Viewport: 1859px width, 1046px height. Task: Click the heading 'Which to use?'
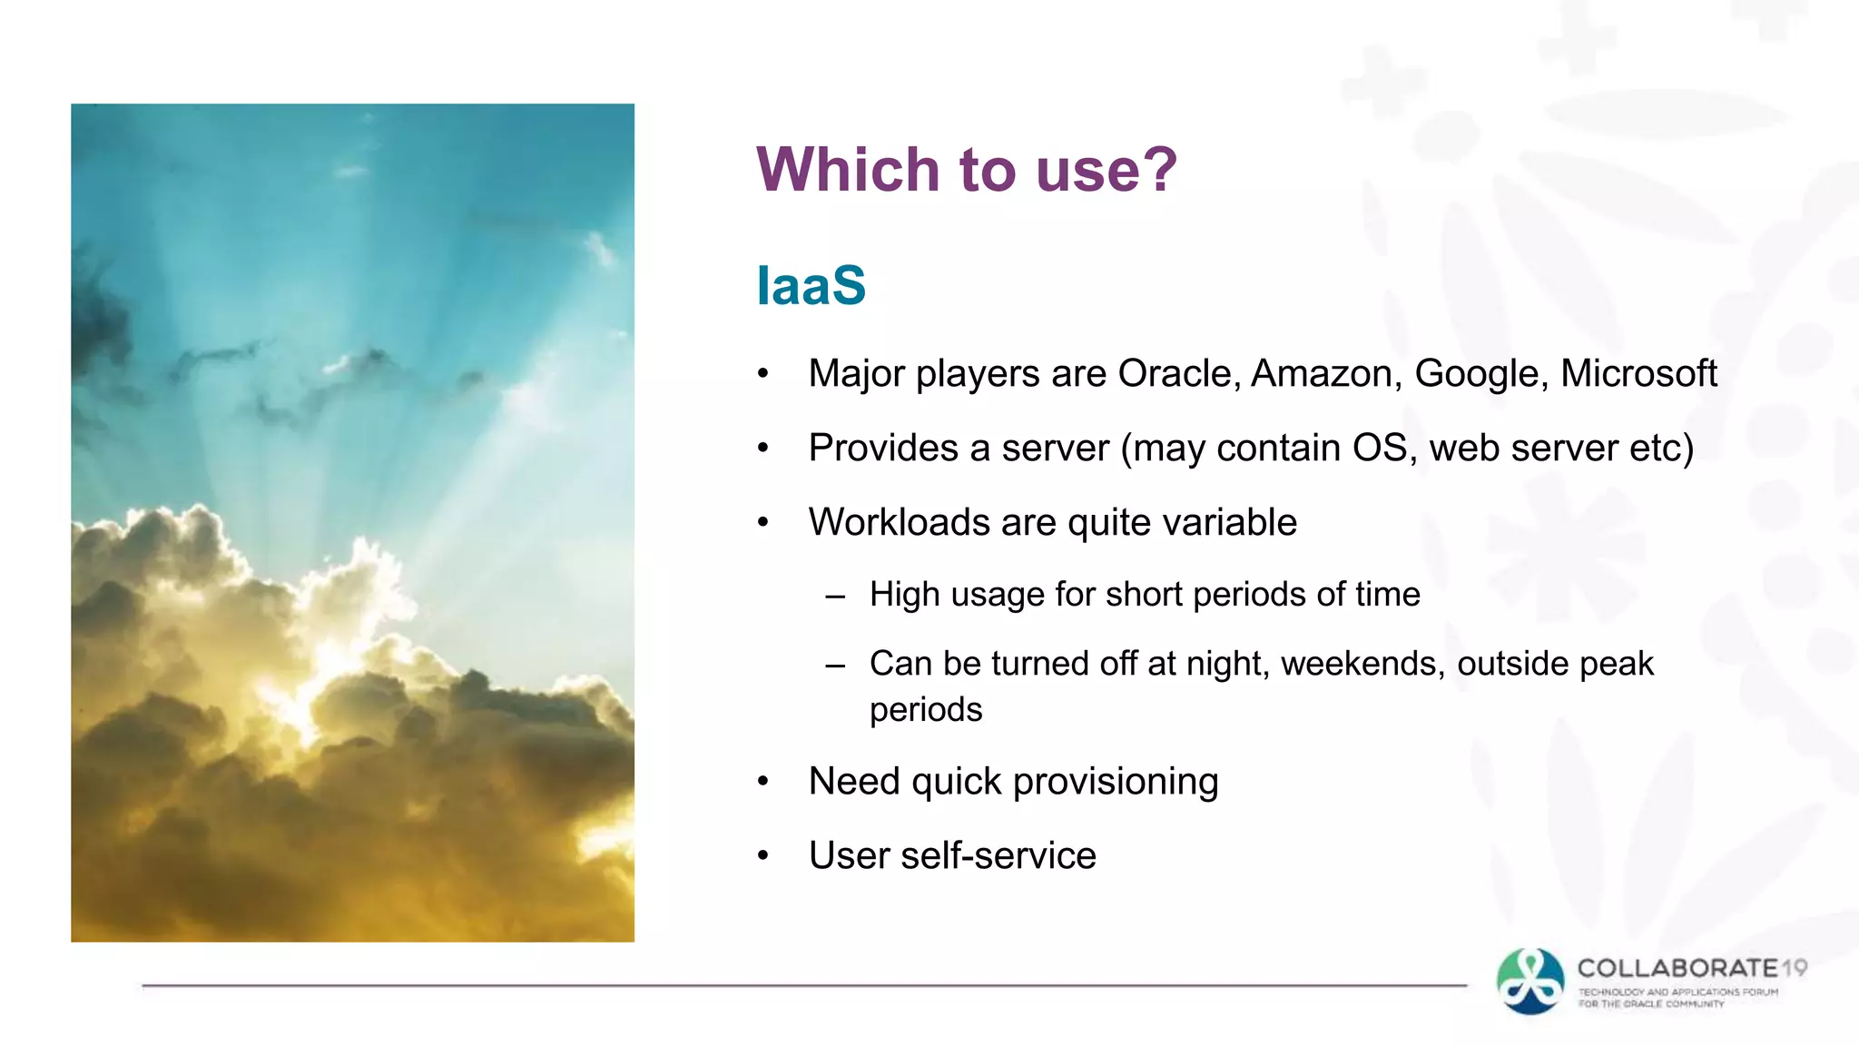click(966, 170)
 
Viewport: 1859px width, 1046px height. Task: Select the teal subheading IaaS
click(811, 286)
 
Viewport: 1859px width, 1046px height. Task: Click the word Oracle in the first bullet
click(1177, 374)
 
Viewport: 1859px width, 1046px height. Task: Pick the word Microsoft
click(1638, 374)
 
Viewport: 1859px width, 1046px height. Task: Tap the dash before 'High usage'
click(835, 597)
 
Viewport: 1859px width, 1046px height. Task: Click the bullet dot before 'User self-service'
click(763, 855)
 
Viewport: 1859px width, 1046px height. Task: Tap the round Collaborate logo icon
click(1530, 982)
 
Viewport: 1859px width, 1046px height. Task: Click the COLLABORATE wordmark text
click(1677, 968)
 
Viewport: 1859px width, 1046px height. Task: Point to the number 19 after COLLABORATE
click(1794, 968)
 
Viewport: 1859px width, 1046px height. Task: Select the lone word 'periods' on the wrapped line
click(925, 710)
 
